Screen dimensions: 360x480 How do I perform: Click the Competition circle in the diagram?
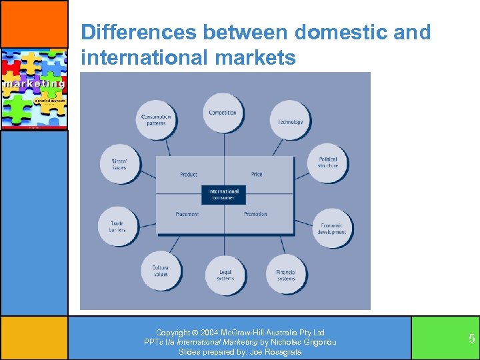(223, 113)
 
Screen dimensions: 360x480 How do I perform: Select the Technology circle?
(290, 121)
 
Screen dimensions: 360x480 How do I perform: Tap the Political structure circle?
(327, 162)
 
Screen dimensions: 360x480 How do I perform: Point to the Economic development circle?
(332, 228)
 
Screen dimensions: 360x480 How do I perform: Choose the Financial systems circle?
(286, 273)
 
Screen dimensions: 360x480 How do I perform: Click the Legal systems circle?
(225, 275)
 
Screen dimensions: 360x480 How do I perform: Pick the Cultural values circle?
(161, 271)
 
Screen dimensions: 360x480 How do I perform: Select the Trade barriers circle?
(117, 227)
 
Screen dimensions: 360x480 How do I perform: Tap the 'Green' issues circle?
(119, 163)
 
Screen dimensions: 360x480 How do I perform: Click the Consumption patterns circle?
(156, 120)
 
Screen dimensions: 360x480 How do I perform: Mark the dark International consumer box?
(223, 195)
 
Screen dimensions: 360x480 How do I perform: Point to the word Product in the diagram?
(189, 175)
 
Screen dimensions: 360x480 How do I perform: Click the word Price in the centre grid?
(257, 175)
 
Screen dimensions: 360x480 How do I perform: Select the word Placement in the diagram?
(187, 214)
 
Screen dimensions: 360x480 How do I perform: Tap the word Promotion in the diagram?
(255, 214)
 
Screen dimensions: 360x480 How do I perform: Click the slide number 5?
(471, 339)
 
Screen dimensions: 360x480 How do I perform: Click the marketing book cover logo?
(33, 89)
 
